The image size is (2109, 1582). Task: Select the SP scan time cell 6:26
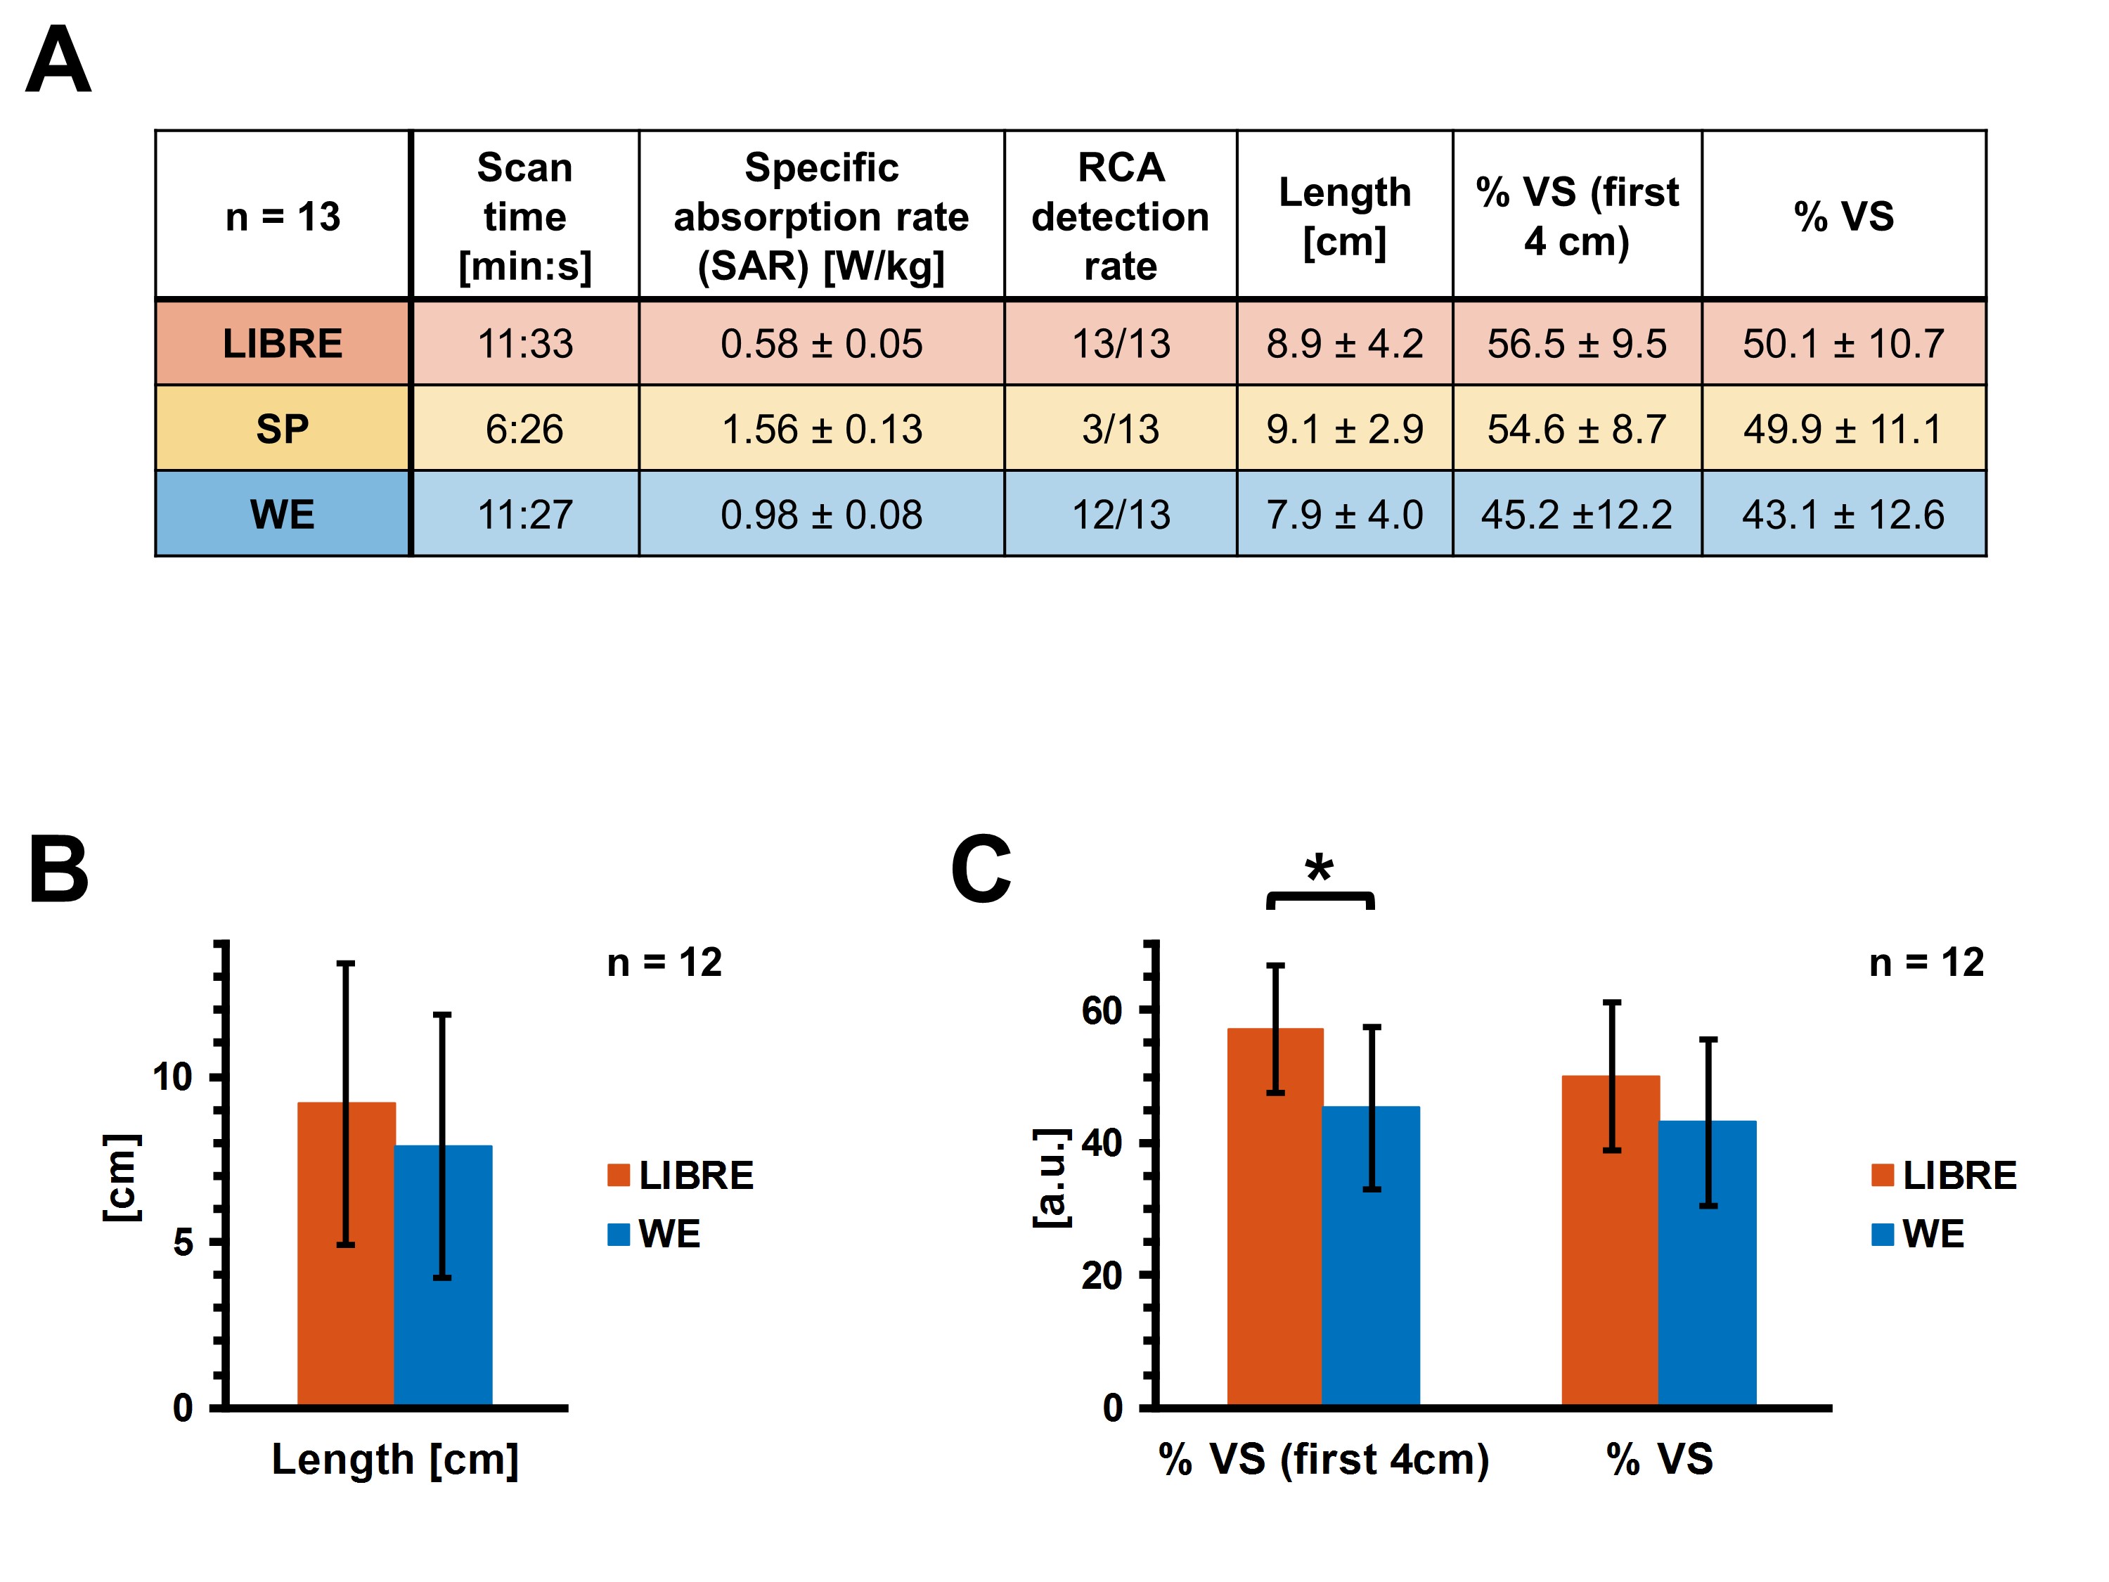(x=524, y=429)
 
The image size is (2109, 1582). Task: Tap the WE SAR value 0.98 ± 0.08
(x=821, y=515)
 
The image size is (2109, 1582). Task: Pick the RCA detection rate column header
(x=1121, y=217)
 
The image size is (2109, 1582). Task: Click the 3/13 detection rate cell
(x=1121, y=429)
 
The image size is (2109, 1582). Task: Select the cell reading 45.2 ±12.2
(x=1576, y=515)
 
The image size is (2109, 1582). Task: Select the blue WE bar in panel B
(x=467, y=1287)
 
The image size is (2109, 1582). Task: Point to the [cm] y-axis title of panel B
(x=121, y=1177)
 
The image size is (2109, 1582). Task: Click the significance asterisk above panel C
(x=1319, y=868)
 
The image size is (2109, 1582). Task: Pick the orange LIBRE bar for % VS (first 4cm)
(x=1251, y=1240)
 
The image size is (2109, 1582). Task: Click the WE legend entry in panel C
(x=1918, y=1234)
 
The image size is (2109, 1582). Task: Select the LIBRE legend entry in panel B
(x=681, y=1175)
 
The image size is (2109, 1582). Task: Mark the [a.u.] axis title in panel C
(x=1051, y=1177)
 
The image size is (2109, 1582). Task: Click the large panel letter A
(x=58, y=59)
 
